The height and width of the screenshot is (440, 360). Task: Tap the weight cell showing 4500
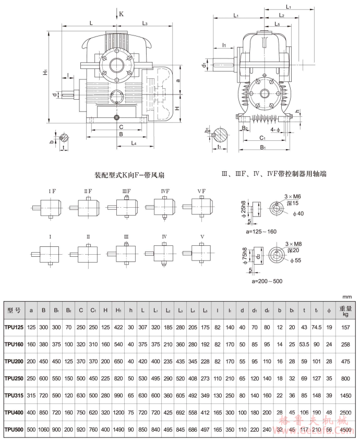click(x=345, y=430)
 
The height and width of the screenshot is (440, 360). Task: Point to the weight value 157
click(x=345, y=327)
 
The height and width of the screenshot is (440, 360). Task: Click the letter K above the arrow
click(x=121, y=14)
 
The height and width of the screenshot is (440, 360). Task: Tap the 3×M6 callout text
click(x=292, y=196)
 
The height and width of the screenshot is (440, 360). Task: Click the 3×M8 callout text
click(x=292, y=244)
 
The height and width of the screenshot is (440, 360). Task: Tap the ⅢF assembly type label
click(x=127, y=191)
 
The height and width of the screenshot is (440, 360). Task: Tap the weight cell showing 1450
click(x=345, y=396)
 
